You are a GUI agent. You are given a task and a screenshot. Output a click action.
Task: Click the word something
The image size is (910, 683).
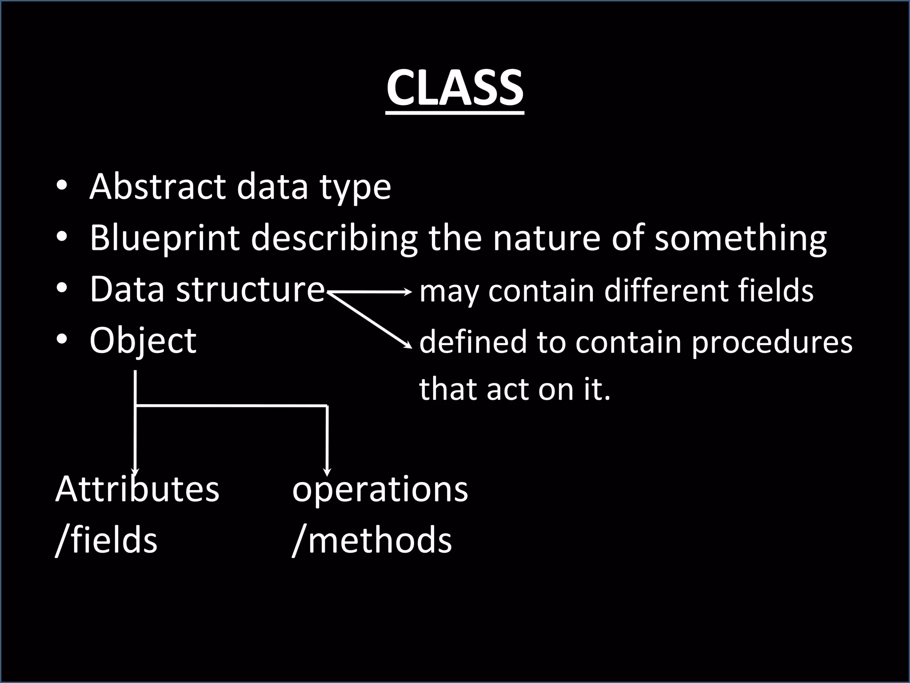pos(740,238)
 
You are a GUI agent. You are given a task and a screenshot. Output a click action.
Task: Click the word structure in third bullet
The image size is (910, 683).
pos(250,290)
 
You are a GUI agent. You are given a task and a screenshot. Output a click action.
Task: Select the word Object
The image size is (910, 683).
pos(143,341)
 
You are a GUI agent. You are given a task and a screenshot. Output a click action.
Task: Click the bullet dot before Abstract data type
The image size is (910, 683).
pos(62,185)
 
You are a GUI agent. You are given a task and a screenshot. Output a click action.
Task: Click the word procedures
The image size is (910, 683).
pos(772,342)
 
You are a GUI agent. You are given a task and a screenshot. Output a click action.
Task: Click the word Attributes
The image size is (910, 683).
pos(137,489)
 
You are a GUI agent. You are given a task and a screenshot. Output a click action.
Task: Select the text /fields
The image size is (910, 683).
pos(107,540)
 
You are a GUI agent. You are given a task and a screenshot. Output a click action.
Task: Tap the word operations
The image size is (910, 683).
pos(380,489)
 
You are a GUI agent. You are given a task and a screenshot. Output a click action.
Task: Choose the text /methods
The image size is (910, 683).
pos(372,540)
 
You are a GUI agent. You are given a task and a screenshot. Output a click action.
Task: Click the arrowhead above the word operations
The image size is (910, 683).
pos(327,472)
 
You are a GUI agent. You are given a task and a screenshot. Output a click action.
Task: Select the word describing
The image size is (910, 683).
pos(334,238)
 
